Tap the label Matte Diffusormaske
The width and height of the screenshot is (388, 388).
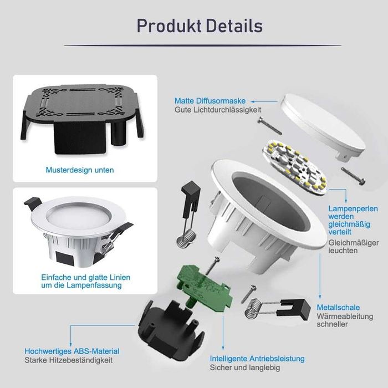pos(210,101)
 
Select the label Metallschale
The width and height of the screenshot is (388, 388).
pos(338,307)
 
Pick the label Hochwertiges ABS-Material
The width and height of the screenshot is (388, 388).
pos(72,351)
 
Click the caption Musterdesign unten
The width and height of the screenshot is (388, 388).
pos(80,170)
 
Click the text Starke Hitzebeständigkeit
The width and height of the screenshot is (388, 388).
pos(68,360)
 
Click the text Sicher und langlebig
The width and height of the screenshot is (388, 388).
pos(245,367)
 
